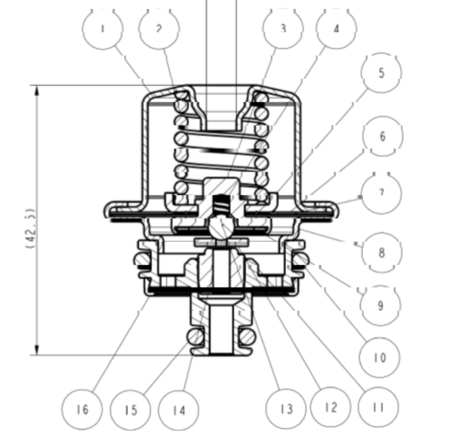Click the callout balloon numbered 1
pos(103,29)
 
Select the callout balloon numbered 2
pos(159,29)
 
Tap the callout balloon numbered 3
pos(283,29)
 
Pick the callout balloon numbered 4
pos(337,29)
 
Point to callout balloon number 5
pos(382,73)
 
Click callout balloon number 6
pos(383,136)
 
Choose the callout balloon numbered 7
pos(382,193)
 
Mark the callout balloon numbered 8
pos(382,252)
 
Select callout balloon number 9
pos(381,305)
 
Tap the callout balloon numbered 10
pos(379,357)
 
